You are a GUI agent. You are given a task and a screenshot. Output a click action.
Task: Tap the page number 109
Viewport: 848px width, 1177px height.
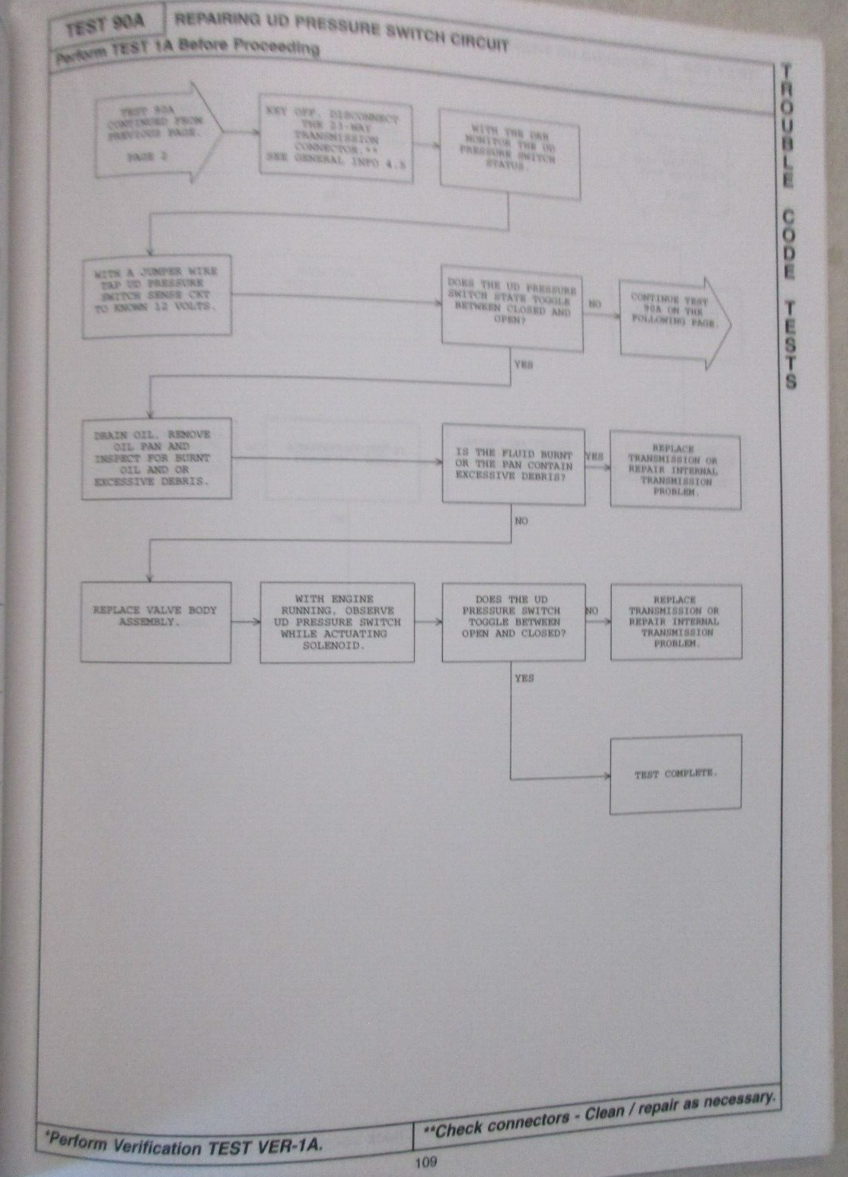[x=426, y=1162]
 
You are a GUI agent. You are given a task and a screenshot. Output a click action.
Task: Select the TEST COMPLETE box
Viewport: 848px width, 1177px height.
[x=676, y=774]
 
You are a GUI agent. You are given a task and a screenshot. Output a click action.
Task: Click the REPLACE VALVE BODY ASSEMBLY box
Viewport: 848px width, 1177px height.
[x=156, y=622]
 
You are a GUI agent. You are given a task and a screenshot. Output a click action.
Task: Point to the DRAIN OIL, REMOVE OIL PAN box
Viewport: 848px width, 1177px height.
[x=156, y=459]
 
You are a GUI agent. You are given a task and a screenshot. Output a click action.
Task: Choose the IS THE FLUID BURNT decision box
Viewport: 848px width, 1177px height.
[x=513, y=464]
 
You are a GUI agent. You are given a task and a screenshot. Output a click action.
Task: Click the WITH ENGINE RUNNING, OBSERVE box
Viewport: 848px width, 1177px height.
[x=337, y=622]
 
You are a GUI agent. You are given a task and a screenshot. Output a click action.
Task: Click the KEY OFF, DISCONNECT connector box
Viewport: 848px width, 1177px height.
[x=336, y=140]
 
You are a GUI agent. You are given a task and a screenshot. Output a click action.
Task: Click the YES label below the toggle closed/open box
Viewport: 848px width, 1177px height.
[x=524, y=364]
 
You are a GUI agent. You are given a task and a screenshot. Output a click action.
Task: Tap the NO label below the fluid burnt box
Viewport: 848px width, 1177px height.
[x=521, y=521]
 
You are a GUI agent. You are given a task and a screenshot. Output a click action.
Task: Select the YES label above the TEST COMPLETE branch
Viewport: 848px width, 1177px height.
[x=524, y=678]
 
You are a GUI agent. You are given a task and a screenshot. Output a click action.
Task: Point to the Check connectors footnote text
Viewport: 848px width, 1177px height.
[x=598, y=1116]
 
